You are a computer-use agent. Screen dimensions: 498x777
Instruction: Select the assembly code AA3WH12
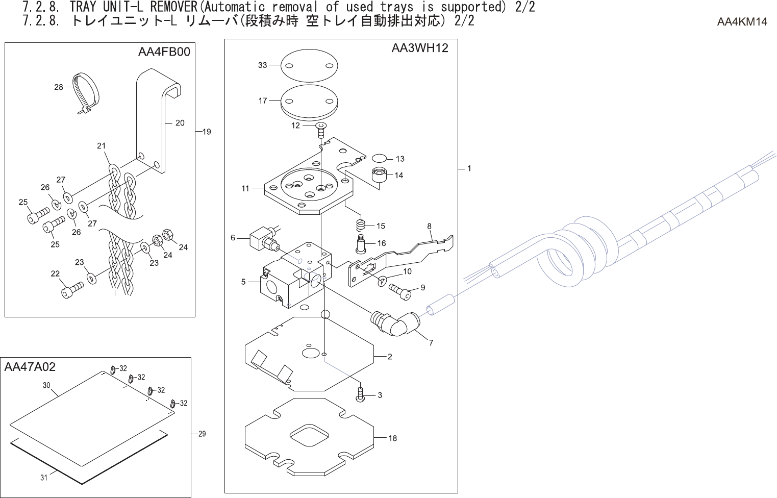(420, 48)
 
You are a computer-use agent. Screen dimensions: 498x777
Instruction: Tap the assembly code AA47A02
(30, 367)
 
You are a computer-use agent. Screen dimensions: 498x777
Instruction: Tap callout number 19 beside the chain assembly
(206, 132)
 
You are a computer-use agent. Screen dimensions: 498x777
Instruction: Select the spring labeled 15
(361, 224)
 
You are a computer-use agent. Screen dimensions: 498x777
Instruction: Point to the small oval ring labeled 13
(380, 158)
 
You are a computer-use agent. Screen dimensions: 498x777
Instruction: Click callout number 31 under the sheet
(44, 478)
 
